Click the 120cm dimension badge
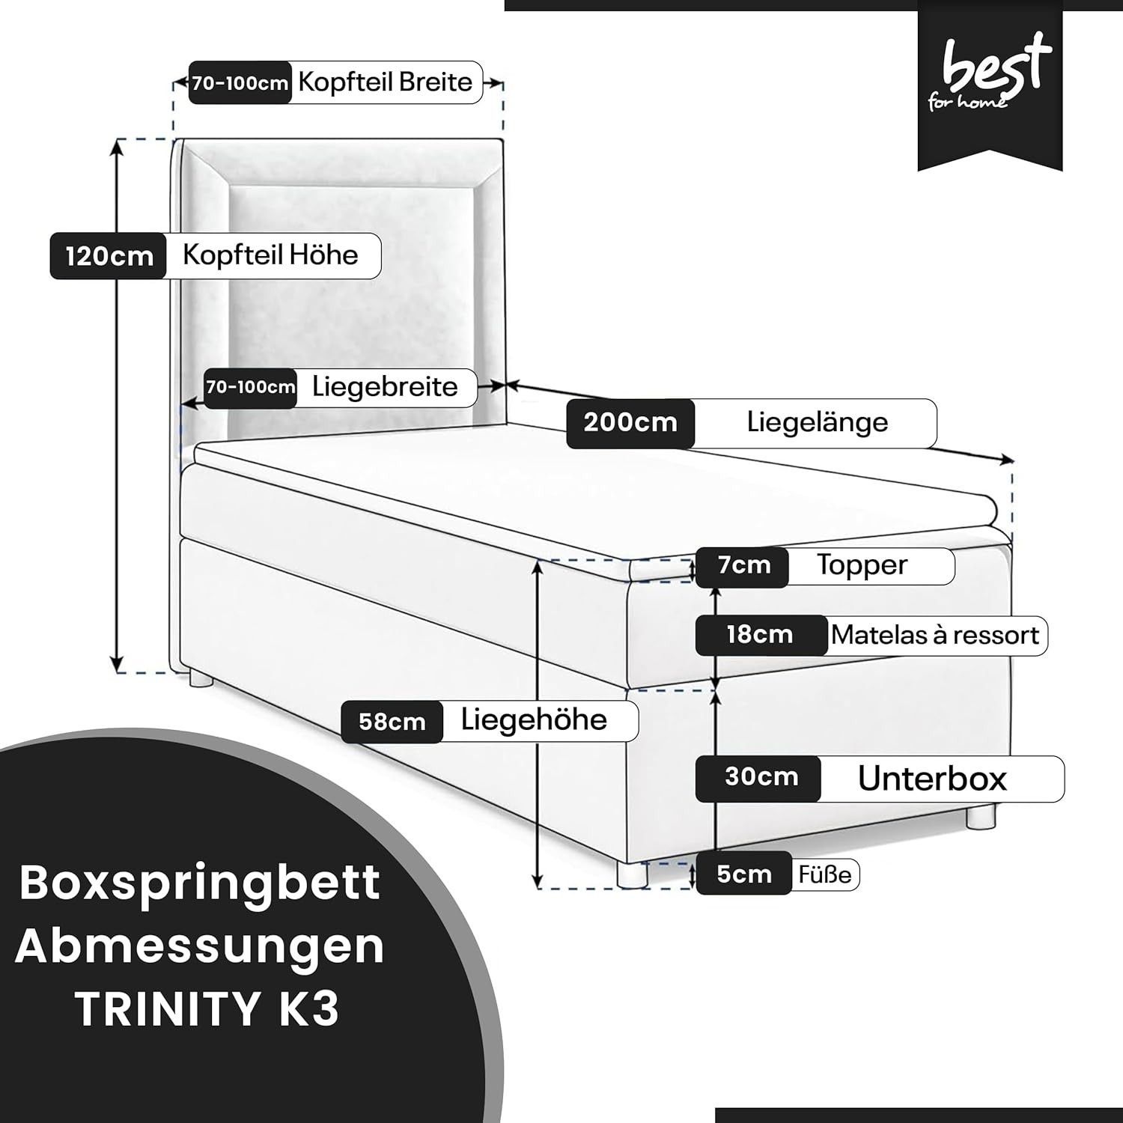tap(108, 257)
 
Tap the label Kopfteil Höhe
tap(270, 255)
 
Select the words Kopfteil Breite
tap(386, 82)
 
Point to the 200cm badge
tap(630, 423)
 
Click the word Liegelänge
tap(818, 422)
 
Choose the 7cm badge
tap(743, 565)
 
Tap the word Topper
tap(862, 565)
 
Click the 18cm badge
tap(761, 635)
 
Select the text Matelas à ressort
tap(934, 635)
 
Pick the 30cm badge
tap(758, 778)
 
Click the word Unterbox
tap(932, 779)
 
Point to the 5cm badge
tap(743, 874)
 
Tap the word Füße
tap(824, 874)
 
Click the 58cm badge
tap(392, 722)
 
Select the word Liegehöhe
tap(534, 719)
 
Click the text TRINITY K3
tap(207, 1008)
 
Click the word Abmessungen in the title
tap(200, 946)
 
